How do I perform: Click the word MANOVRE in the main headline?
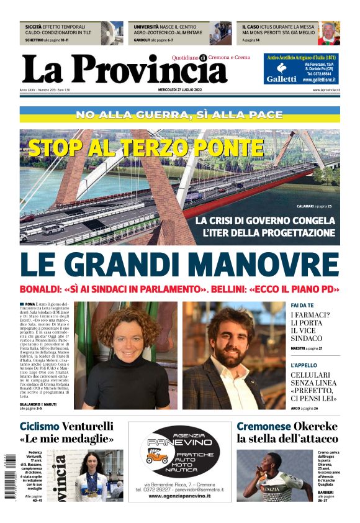(x=264, y=263)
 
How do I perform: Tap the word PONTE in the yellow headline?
(x=233, y=148)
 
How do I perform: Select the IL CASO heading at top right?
(x=251, y=28)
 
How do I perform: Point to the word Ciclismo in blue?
(x=39, y=426)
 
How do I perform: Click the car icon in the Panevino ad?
(x=156, y=458)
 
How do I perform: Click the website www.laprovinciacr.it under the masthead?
(x=325, y=89)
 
